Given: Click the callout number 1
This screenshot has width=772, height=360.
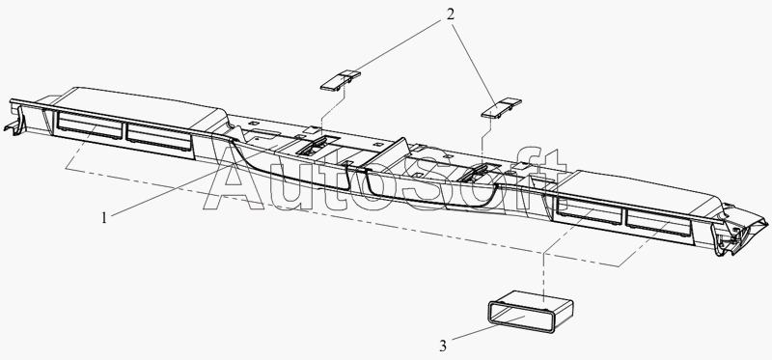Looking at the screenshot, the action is click(x=104, y=218).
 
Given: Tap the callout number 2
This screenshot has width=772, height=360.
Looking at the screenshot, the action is click(x=450, y=14).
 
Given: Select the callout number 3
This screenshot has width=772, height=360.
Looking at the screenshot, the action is click(x=443, y=346).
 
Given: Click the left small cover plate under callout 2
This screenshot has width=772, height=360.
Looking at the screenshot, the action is click(x=341, y=81).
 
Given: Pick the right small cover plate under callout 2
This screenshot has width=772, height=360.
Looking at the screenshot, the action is click(x=501, y=108).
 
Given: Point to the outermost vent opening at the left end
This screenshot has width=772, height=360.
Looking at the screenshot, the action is click(x=89, y=125).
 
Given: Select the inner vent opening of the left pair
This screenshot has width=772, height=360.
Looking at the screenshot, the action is click(x=158, y=137).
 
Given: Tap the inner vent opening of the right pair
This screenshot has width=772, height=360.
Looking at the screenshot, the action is click(x=589, y=210).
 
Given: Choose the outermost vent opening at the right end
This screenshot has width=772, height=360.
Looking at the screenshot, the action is click(x=658, y=222).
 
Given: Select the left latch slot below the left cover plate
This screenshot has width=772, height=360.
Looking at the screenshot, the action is click(x=312, y=148).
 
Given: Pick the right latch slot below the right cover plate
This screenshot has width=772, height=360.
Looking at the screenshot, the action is click(x=474, y=173).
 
